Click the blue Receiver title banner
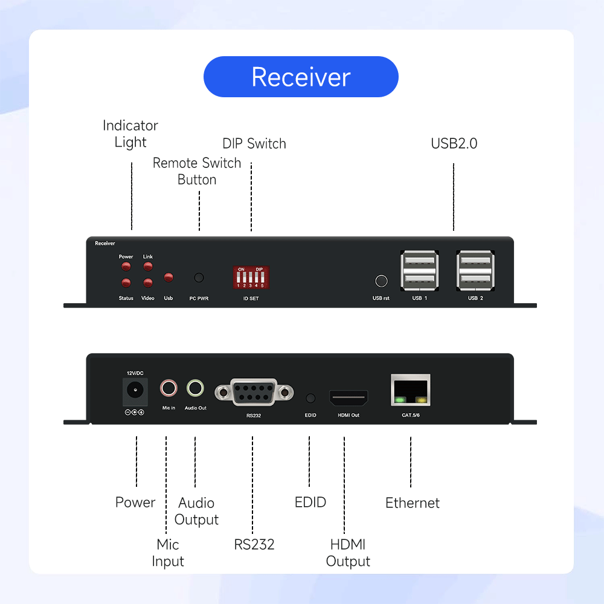(301, 77)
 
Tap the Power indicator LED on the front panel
(126, 266)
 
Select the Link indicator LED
(148, 266)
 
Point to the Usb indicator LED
(169, 277)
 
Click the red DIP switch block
(251, 277)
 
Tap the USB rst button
(381, 281)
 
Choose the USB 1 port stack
(420, 271)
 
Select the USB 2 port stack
(475, 271)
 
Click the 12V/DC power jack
(135, 391)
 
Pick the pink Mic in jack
(169, 388)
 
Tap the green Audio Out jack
(195, 388)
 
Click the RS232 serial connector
(254, 392)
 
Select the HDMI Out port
(349, 397)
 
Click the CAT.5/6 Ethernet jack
(411, 390)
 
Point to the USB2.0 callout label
(454, 143)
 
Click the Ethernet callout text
(412, 503)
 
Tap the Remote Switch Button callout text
(197, 171)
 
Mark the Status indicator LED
(126, 283)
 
